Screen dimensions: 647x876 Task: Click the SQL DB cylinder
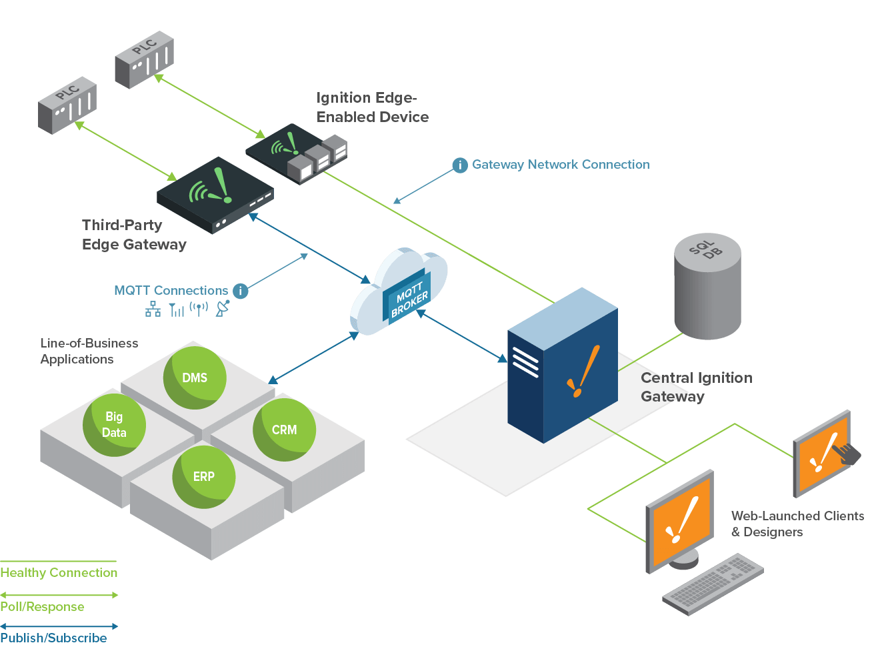707,287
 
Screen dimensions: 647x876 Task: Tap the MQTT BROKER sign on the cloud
409,299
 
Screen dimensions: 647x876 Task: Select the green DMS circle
195,378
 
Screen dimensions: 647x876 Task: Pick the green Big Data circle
114,425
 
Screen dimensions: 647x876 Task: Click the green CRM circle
284,430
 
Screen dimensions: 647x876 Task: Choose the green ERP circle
203,477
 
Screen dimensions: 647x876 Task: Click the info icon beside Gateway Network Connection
460,165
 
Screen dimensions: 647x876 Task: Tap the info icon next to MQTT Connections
240,291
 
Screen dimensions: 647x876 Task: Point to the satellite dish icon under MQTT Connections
223,309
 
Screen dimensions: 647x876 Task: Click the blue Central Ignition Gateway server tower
561,367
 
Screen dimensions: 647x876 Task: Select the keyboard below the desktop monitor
713,584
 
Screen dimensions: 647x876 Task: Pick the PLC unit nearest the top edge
144,60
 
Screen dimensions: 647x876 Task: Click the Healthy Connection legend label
59,573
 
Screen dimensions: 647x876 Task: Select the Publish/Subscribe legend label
53,638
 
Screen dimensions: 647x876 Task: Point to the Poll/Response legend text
42,607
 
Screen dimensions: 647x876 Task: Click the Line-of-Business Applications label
89,351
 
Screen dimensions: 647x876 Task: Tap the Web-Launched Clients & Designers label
797,524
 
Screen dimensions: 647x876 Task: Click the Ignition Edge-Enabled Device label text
372,107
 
